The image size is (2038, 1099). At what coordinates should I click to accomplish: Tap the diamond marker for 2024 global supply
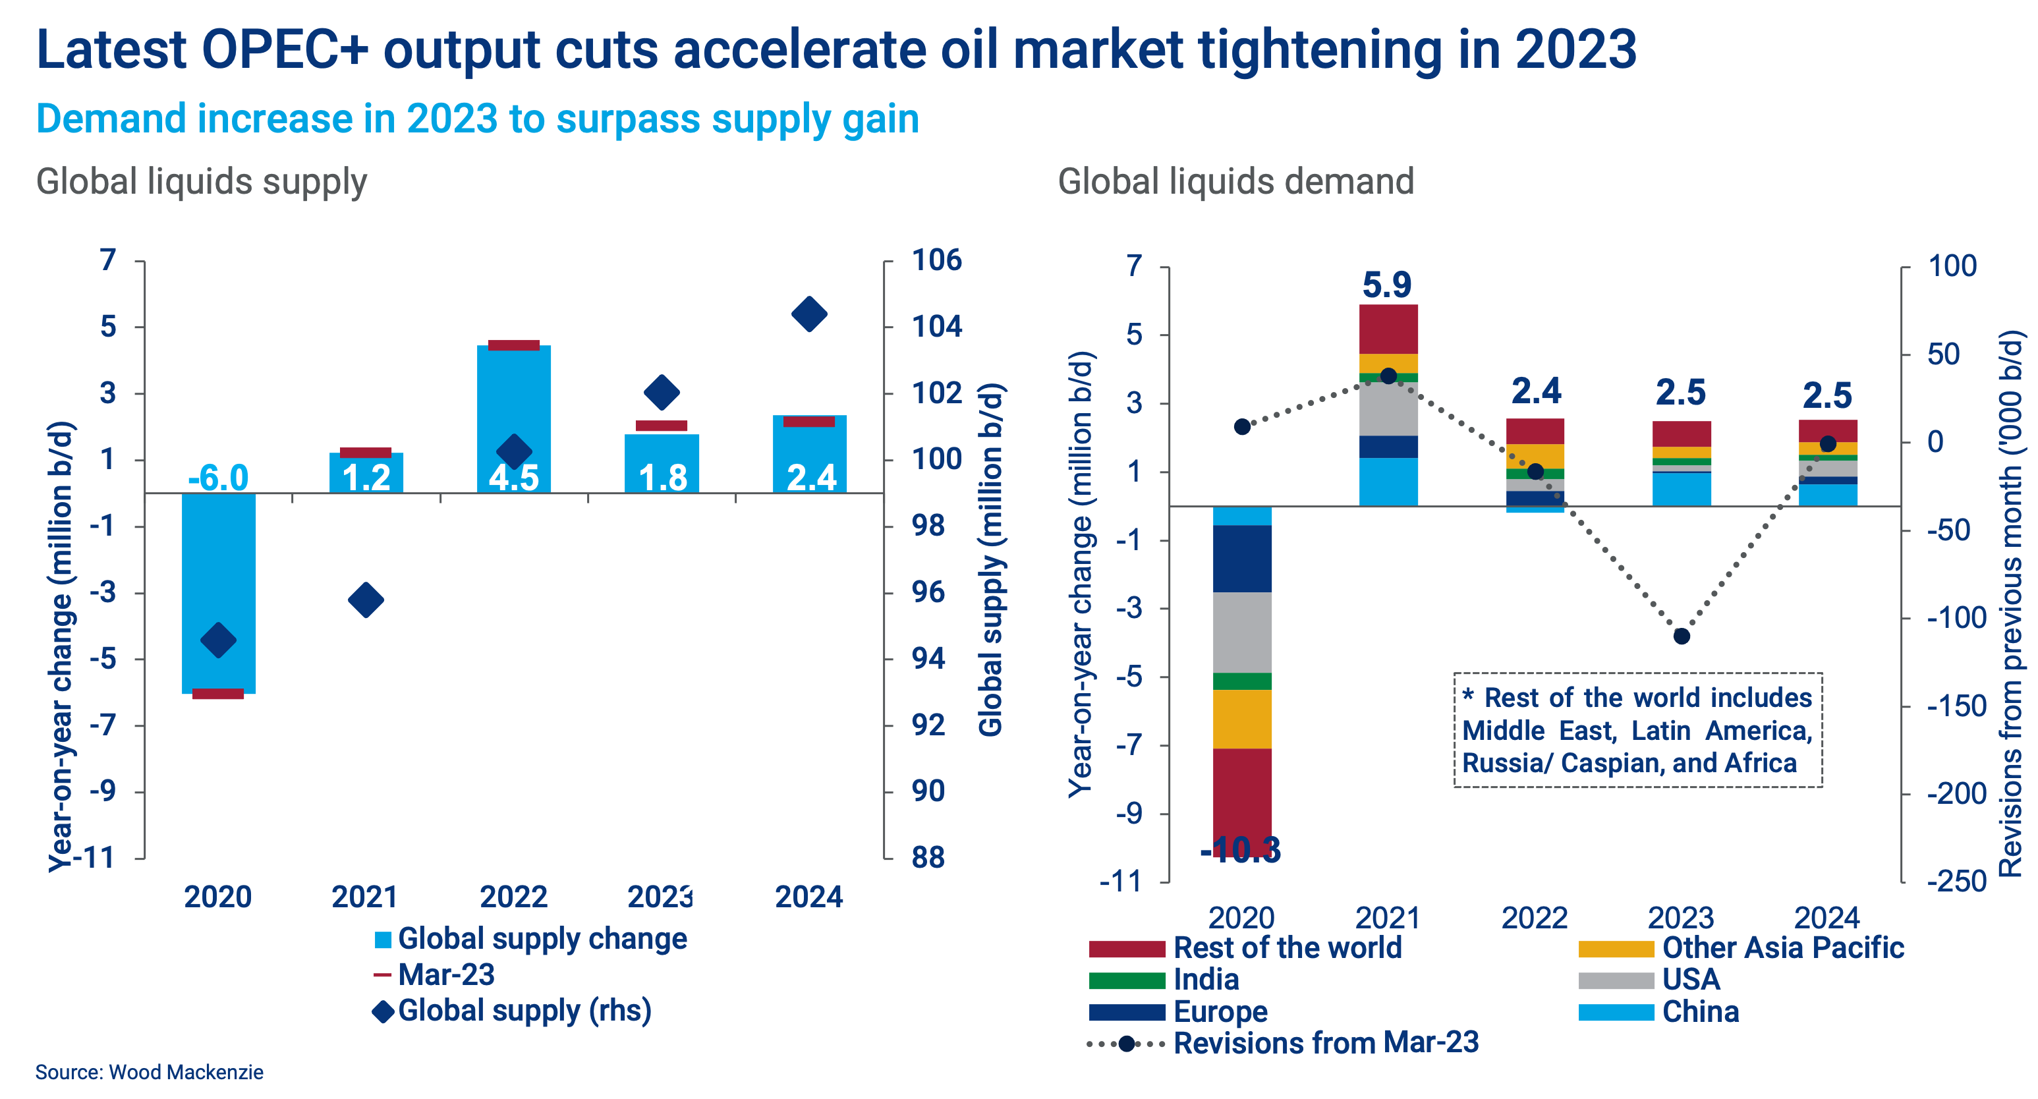click(808, 314)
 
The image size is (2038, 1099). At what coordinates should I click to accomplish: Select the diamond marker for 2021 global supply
click(366, 600)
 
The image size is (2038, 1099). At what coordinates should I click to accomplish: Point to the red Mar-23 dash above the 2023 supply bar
click(662, 426)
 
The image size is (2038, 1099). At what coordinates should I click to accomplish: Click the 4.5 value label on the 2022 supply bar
click(513, 477)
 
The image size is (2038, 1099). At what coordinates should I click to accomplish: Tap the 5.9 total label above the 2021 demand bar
click(1386, 285)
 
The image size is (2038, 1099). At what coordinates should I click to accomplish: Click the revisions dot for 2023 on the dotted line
click(1681, 636)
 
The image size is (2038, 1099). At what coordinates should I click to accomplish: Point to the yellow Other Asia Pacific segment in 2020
click(1241, 718)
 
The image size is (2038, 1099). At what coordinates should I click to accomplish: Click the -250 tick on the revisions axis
click(1956, 882)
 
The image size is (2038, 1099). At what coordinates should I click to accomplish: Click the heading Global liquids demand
click(1235, 181)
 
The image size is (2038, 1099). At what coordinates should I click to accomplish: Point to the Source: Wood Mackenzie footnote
click(150, 1072)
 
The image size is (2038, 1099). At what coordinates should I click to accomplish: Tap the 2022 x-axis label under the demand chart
click(1533, 918)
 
